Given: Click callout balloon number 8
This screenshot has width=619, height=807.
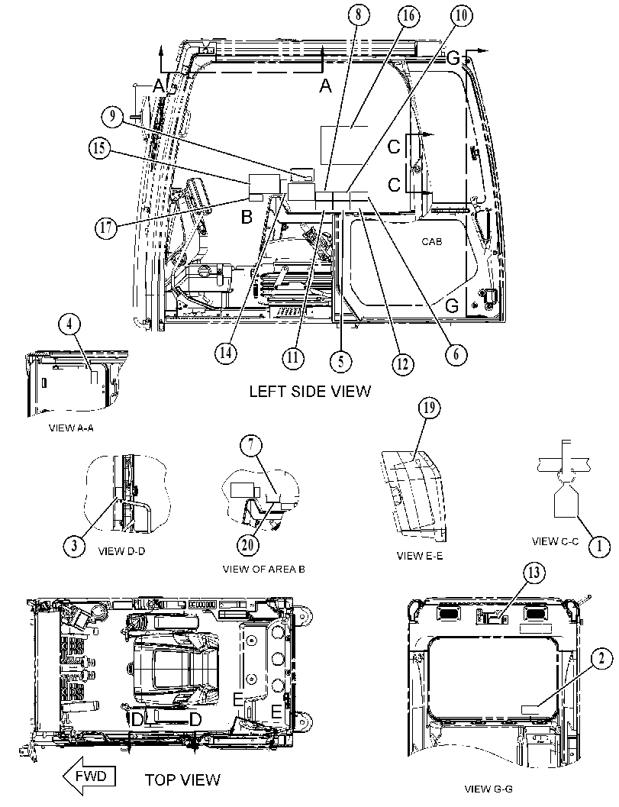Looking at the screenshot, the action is [358, 15].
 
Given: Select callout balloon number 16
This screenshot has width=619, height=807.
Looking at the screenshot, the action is [408, 15].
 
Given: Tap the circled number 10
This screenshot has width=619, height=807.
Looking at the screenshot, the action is [461, 15].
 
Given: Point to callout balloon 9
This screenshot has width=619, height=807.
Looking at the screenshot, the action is [112, 117].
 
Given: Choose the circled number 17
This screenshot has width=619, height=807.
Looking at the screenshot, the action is [105, 228].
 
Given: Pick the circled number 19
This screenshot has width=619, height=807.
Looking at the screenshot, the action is [429, 408].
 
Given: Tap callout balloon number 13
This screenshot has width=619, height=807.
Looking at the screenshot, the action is [534, 573].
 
